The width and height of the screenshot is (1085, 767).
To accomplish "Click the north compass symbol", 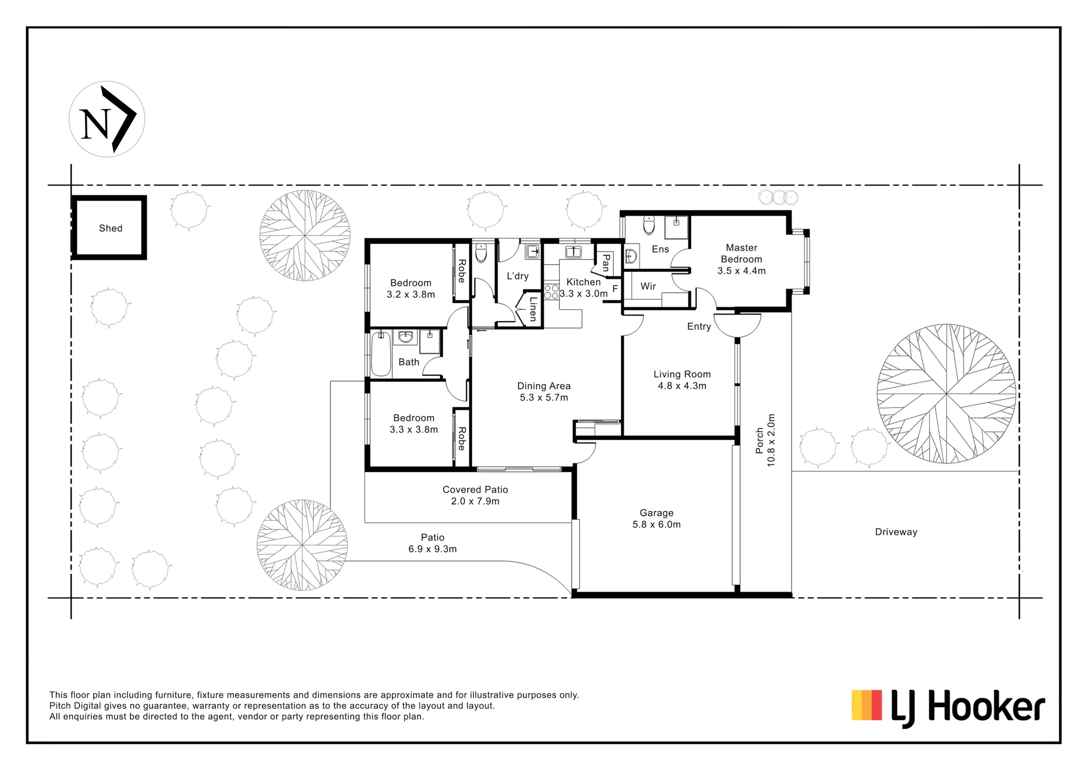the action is tap(107, 119).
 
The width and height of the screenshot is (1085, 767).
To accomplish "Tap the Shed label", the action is tap(111, 228).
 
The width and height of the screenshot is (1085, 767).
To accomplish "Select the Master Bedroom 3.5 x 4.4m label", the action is tap(742, 259).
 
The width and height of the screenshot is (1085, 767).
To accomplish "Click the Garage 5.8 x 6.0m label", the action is tap(656, 519).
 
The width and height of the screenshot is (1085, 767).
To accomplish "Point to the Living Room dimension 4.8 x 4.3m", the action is tap(682, 386).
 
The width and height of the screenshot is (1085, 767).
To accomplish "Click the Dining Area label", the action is tap(544, 386).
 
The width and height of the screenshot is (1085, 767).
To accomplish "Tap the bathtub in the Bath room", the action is tap(381, 354).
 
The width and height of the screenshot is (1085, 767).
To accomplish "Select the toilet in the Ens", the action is tap(649, 225).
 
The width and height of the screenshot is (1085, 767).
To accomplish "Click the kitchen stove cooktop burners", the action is tap(552, 292).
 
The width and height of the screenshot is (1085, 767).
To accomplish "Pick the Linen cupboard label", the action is tap(533, 309).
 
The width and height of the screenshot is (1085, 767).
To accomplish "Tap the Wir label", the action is tap(648, 286).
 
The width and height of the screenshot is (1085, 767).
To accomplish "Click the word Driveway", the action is tap(896, 532).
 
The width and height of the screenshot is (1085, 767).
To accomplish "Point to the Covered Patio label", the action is tap(475, 489).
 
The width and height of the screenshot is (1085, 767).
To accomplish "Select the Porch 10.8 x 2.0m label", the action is tap(765, 440).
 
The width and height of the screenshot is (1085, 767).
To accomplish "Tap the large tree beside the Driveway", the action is tap(946, 394).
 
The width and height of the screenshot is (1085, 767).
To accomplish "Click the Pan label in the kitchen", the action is tap(606, 263).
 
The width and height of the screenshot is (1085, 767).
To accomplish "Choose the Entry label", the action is tap(699, 327).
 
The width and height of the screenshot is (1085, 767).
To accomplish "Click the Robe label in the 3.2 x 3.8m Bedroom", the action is tap(462, 271).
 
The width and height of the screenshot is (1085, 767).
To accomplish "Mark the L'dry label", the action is tap(518, 276).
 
